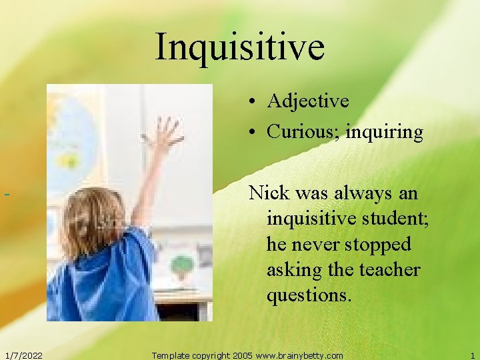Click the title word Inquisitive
pyautogui.click(x=240, y=46)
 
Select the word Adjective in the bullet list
pyautogui.click(x=307, y=101)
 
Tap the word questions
pyautogui.click(x=308, y=295)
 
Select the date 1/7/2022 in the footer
pyautogui.click(x=23, y=355)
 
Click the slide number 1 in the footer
pyautogui.click(x=472, y=355)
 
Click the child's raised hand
pyautogui.click(x=164, y=134)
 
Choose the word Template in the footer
pyautogui.click(x=171, y=355)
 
